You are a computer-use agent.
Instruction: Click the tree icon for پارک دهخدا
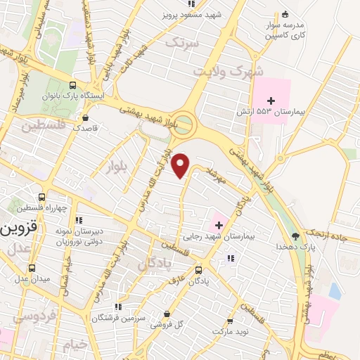[x=295, y=236]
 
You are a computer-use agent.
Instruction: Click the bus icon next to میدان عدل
[x=32, y=268]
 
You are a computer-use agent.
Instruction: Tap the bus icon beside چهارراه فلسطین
[x=42, y=198]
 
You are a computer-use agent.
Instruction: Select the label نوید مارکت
[x=234, y=329]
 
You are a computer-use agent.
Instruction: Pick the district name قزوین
[x=17, y=229]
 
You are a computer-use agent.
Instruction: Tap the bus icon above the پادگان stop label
[x=198, y=270]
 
